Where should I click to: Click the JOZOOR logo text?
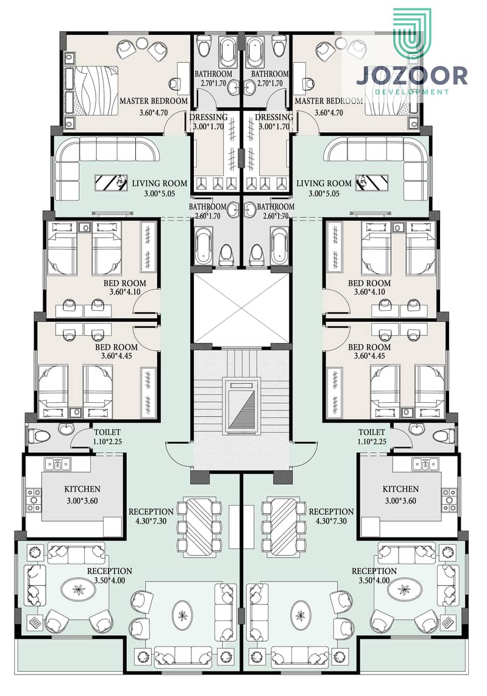411,76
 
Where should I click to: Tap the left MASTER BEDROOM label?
154,101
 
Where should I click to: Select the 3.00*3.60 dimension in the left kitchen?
82,501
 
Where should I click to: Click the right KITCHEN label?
400,489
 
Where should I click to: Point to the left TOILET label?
107,432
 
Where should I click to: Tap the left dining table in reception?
199,527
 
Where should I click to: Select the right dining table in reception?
283,527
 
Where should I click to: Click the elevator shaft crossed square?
241,308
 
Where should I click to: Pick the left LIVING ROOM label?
159,183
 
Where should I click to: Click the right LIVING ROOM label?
324,183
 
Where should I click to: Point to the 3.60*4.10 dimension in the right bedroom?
369,292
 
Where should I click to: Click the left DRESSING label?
208,117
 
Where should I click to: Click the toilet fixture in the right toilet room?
443,435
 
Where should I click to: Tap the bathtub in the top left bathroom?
229,51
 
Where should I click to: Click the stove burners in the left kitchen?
34,500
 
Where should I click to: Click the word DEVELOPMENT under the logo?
412,92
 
